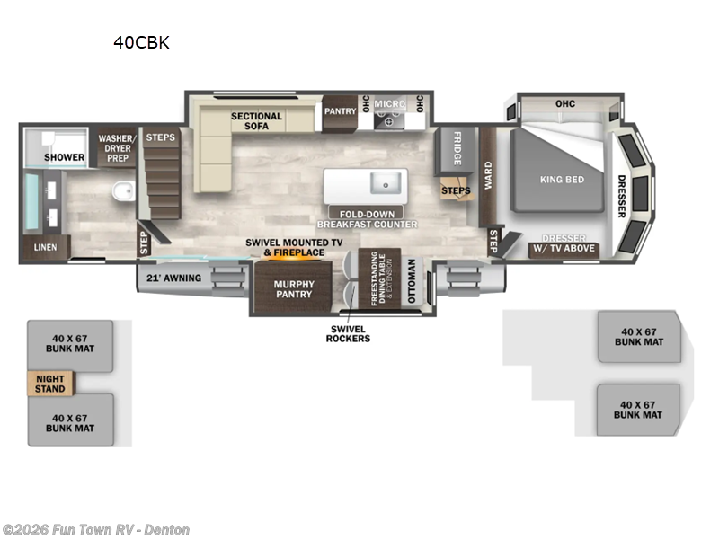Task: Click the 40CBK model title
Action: click(x=141, y=42)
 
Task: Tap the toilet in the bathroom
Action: click(x=124, y=190)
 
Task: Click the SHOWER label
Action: click(x=64, y=157)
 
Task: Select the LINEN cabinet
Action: click(x=47, y=248)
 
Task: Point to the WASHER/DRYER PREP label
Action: click(x=118, y=148)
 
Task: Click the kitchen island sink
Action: click(x=386, y=184)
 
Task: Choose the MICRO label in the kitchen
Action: click(x=389, y=104)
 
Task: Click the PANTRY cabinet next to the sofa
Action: click(x=340, y=113)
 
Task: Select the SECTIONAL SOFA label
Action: click(x=256, y=121)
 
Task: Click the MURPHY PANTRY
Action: click(x=294, y=287)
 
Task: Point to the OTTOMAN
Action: click(x=412, y=280)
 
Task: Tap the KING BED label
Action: click(x=563, y=180)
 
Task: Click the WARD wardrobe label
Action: click(x=488, y=175)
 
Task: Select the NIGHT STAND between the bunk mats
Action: click(x=50, y=384)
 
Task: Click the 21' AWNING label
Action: click(x=173, y=278)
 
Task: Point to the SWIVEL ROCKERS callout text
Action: click(x=348, y=333)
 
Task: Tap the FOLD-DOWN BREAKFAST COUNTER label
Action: click(x=368, y=219)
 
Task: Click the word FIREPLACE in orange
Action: click(x=299, y=252)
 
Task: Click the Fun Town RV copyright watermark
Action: click(x=96, y=529)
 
